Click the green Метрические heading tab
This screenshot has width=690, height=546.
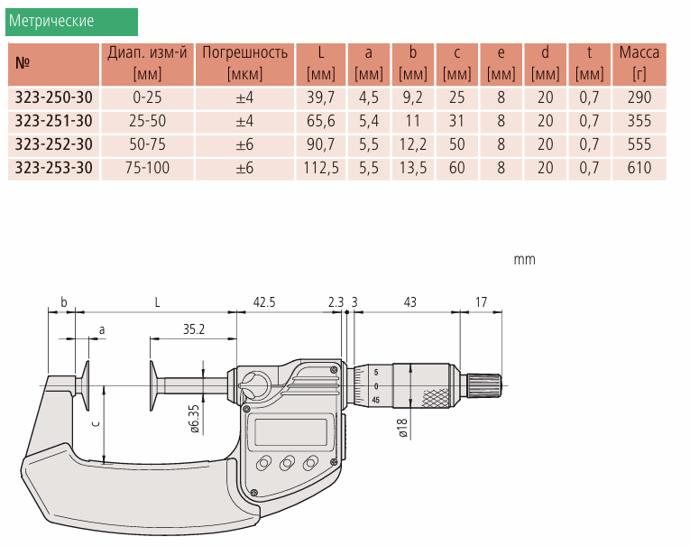pos(71,21)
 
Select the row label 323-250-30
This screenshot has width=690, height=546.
pos(54,97)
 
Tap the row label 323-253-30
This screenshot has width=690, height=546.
pos(54,168)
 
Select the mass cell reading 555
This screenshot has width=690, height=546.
pos(639,144)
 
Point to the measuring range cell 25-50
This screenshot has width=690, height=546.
pos(146,121)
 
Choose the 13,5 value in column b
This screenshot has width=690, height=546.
pos(412,168)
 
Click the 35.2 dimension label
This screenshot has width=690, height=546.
pos(193,329)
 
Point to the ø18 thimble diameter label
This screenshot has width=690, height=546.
pos(403,427)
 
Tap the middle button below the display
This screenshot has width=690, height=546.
pos(287,463)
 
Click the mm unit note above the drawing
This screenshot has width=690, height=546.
pos(524,260)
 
